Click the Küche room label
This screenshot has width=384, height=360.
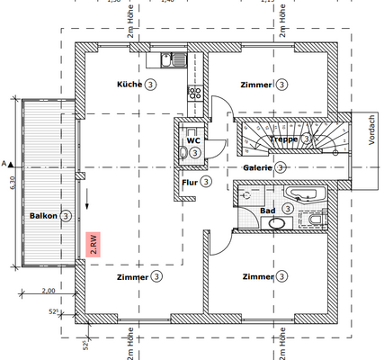130,84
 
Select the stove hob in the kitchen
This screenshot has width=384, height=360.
194,91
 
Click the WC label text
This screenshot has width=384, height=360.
192,140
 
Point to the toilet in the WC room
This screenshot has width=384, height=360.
184,154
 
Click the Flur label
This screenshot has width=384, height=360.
190,182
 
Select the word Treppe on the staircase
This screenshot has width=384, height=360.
284,139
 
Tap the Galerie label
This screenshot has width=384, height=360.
256,167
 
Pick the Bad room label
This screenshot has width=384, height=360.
267,210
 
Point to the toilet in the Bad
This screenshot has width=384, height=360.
315,220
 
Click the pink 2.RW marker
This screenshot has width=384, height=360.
92,245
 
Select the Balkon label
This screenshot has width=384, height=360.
43,217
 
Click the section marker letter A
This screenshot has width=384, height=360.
6,164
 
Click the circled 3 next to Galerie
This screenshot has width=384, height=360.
281,167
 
